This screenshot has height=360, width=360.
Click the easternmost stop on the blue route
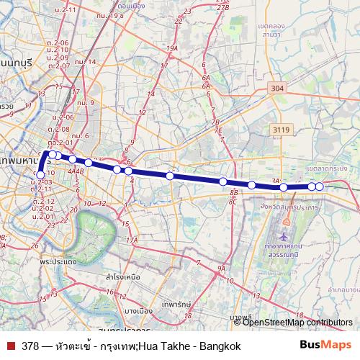tap(319, 187)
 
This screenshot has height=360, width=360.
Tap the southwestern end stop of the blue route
tap(40, 174)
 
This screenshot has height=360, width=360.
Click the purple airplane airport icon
tap(284, 236)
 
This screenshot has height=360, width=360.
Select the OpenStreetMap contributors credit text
tap(297, 323)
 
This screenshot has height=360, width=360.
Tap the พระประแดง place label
tap(59, 261)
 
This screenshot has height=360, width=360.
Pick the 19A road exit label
tap(171, 48)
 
